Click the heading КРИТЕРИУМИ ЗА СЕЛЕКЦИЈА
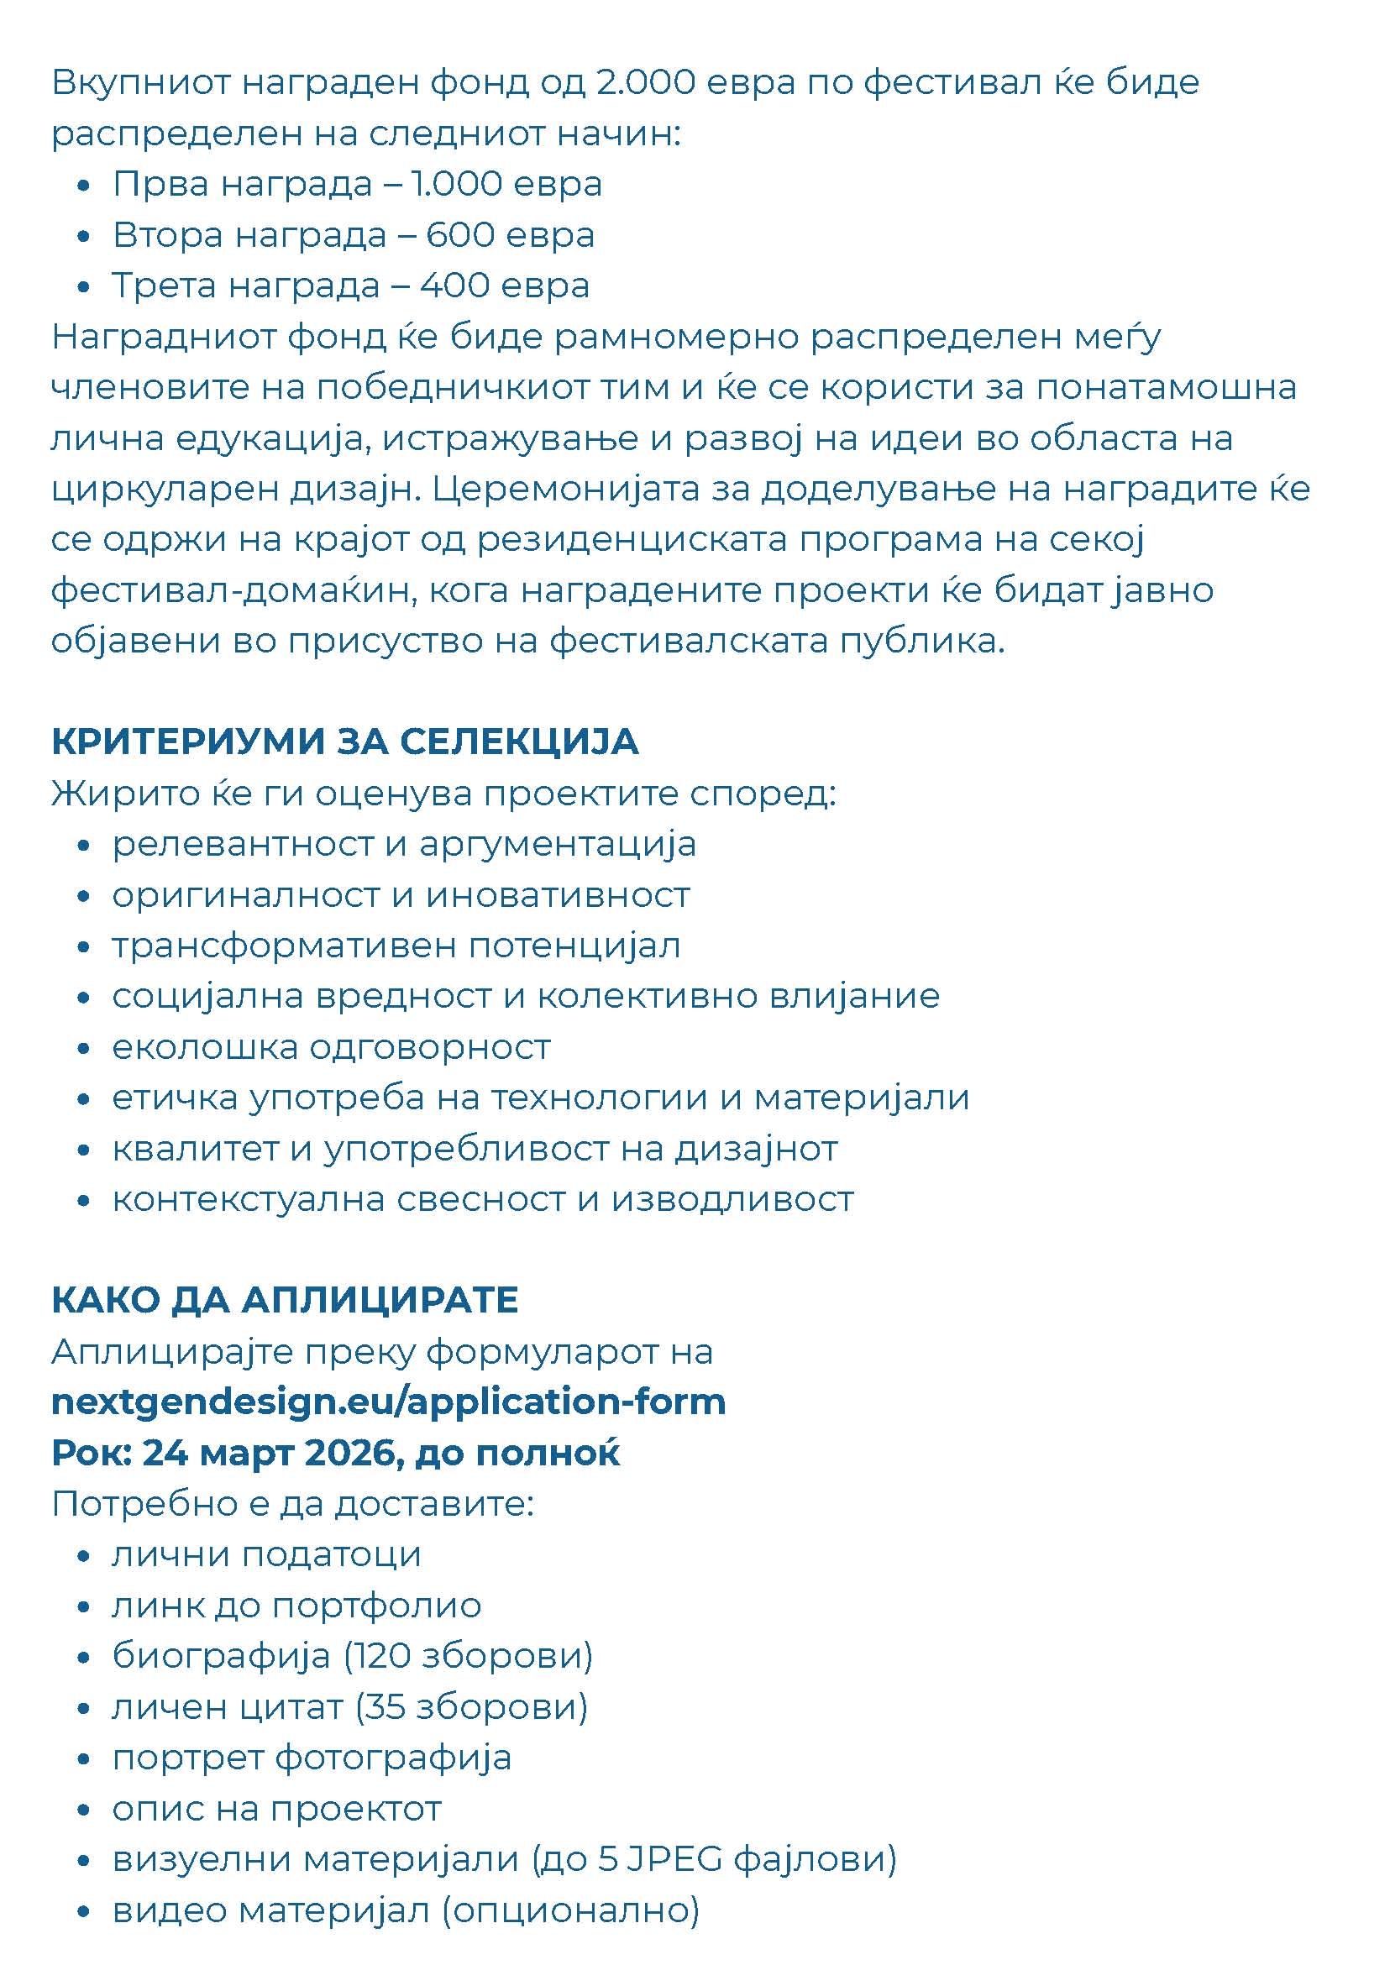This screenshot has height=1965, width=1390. tap(345, 742)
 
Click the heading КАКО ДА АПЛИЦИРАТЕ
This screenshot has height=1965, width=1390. tap(285, 1300)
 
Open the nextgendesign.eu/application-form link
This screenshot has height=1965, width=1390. tap(389, 1402)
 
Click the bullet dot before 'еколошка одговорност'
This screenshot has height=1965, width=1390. tap(83, 1049)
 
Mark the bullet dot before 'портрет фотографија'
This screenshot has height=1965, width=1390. tap(83, 1759)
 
